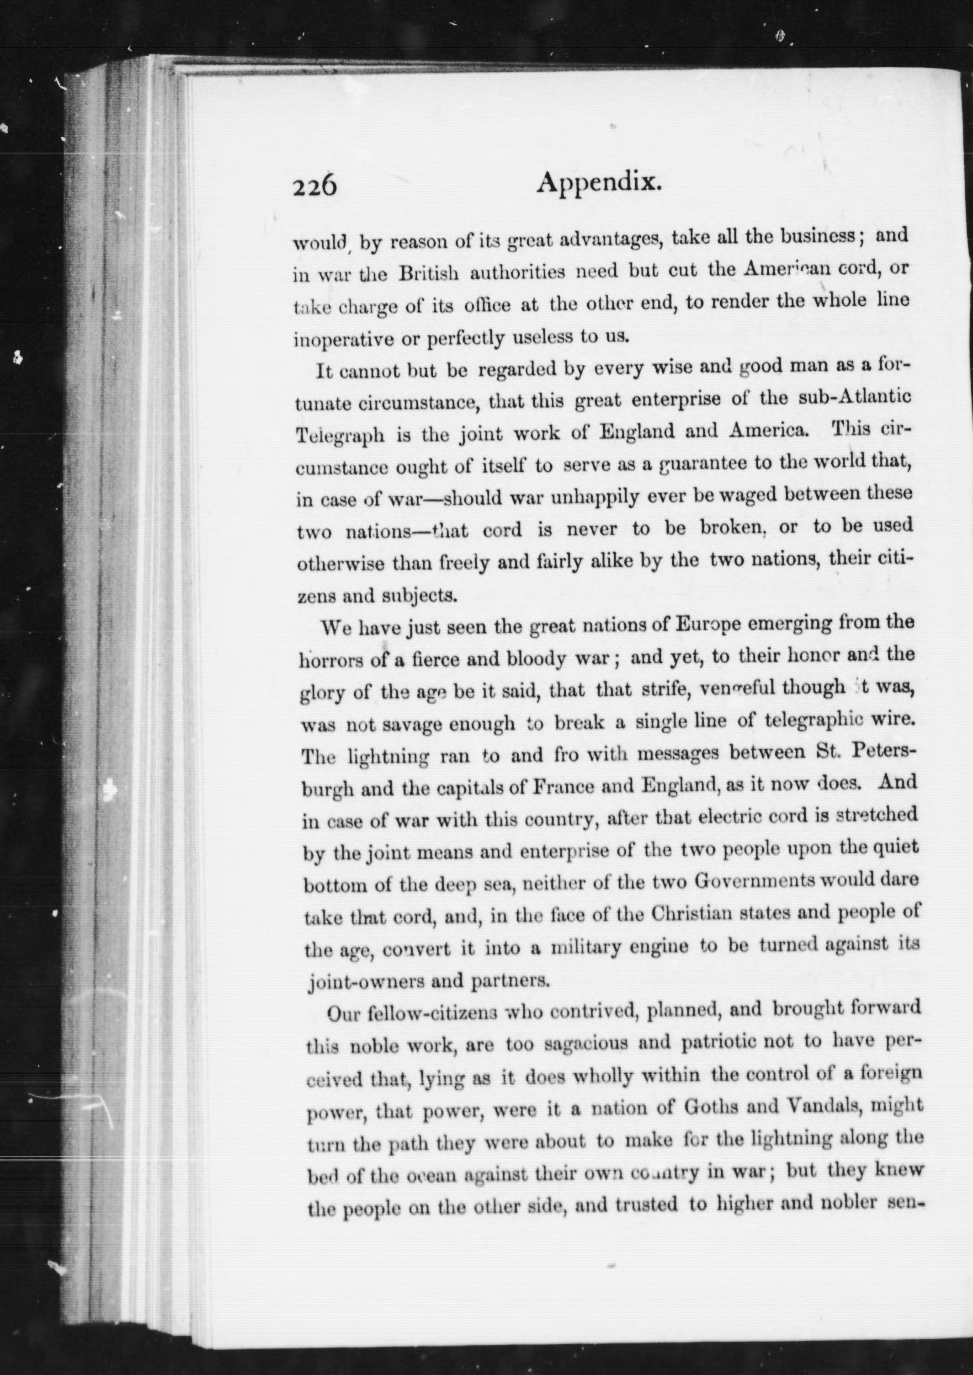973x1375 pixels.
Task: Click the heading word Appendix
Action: [x=599, y=183]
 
